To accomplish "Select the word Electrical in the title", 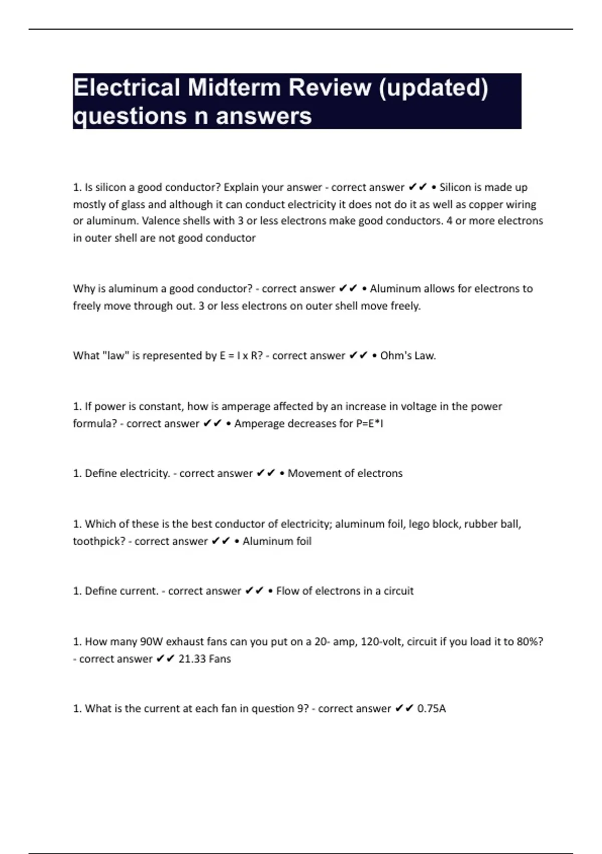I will [127, 88].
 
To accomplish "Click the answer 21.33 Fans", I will [205, 659].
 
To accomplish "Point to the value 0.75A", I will [431, 708].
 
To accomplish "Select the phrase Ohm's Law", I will [408, 356].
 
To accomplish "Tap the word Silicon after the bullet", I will [454, 187].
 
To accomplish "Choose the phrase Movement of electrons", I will [345, 473].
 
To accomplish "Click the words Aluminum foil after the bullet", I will [277, 541].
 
